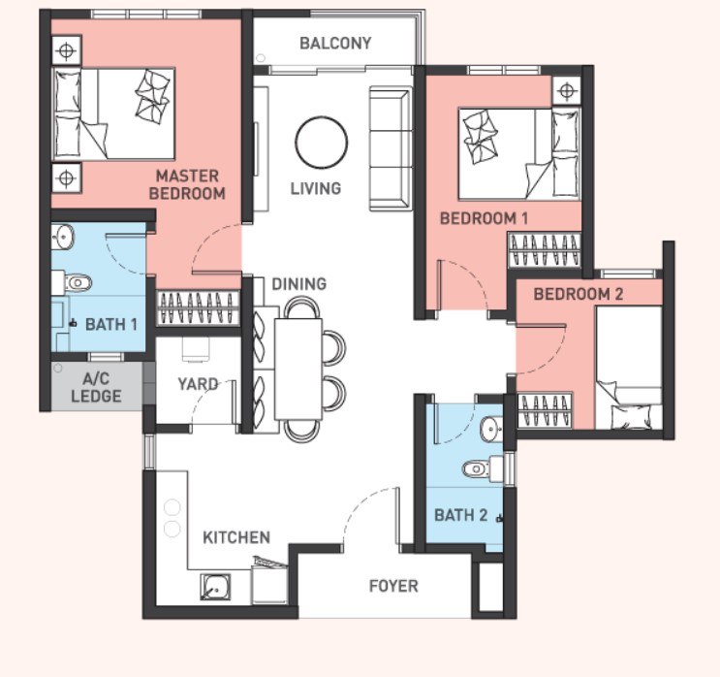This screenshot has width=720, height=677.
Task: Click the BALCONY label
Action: click(x=335, y=44)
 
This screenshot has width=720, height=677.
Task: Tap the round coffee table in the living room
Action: click(x=322, y=143)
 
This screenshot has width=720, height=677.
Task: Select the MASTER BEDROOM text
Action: click(x=187, y=184)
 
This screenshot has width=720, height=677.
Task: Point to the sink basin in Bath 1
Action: click(x=62, y=236)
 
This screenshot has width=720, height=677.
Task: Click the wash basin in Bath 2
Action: click(x=491, y=430)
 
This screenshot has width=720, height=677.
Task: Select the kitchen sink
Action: click(x=215, y=587)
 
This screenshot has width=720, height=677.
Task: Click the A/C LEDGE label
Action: click(x=96, y=387)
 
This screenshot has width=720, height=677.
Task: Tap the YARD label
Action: click(x=198, y=384)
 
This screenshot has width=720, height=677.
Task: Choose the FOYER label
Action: click(x=393, y=586)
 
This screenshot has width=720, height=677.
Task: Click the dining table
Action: click(x=298, y=370)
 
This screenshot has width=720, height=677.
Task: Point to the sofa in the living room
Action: click(x=391, y=148)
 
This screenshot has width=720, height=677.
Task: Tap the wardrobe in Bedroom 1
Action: click(x=545, y=250)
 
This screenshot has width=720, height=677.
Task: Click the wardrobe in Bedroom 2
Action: click(x=545, y=410)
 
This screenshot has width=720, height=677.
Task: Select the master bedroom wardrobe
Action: click(x=198, y=308)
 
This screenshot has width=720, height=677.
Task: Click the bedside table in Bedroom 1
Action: click(x=567, y=90)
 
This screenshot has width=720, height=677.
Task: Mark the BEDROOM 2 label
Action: click(x=579, y=294)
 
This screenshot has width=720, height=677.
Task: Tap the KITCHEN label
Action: click(x=236, y=537)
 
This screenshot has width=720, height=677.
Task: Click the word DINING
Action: click(x=298, y=284)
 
